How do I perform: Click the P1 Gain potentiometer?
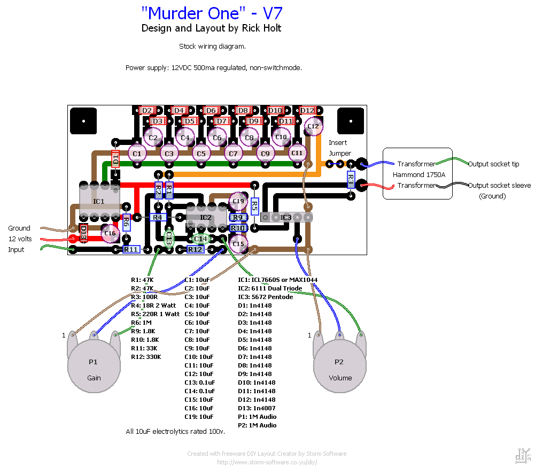click(94, 369)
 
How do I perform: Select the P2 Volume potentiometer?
click(339, 369)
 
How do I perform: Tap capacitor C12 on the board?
click(313, 127)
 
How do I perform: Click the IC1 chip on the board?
click(99, 201)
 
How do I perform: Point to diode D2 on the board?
click(147, 110)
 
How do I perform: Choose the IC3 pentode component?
click(286, 217)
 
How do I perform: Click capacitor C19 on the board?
click(238, 201)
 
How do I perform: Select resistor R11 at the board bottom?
click(131, 249)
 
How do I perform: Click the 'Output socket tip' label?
click(493, 164)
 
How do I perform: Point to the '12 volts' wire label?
click(20, 239)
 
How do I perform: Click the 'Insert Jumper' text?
click(339, 148)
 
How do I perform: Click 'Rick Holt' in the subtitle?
click(261, 28)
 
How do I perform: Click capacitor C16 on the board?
click(110, 233)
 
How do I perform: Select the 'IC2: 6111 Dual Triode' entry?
click(270, 288)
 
